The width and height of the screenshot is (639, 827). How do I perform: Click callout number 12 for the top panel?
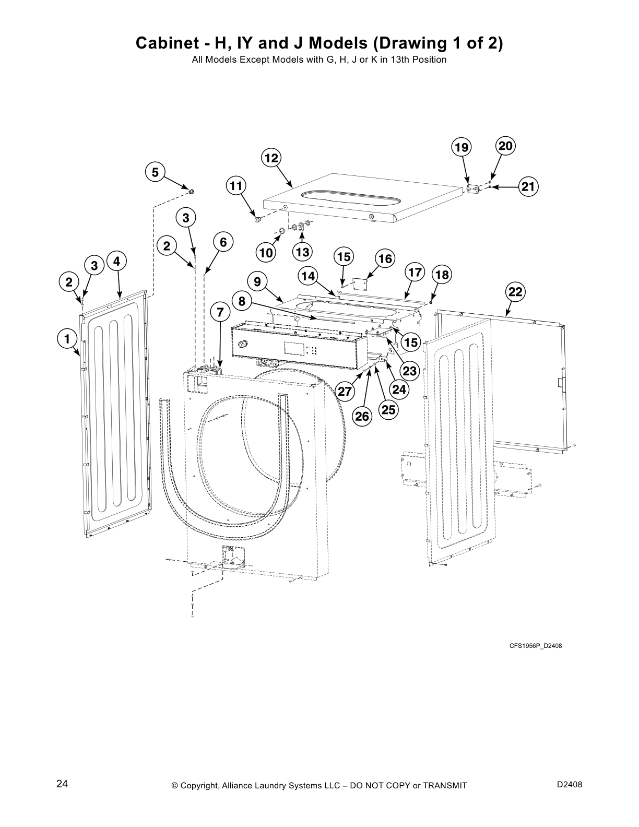click(271, 158)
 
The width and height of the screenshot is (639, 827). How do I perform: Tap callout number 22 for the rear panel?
click(515, 292)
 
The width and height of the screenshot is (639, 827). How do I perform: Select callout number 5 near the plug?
click(155, 172)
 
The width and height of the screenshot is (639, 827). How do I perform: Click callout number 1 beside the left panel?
click(66, 339)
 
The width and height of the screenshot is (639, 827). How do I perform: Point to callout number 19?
click(461, 148)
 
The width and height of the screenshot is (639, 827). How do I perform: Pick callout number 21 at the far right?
click(528, 186)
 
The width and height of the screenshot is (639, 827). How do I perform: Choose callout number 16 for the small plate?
click(385, 259)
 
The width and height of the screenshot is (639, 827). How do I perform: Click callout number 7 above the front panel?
click(220, 312)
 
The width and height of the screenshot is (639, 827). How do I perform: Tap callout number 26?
click(362, 416)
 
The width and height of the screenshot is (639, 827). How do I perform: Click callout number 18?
click(442, 275)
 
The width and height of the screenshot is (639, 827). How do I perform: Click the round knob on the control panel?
click(241, 345)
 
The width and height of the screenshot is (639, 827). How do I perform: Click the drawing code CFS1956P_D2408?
click(536, 646)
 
